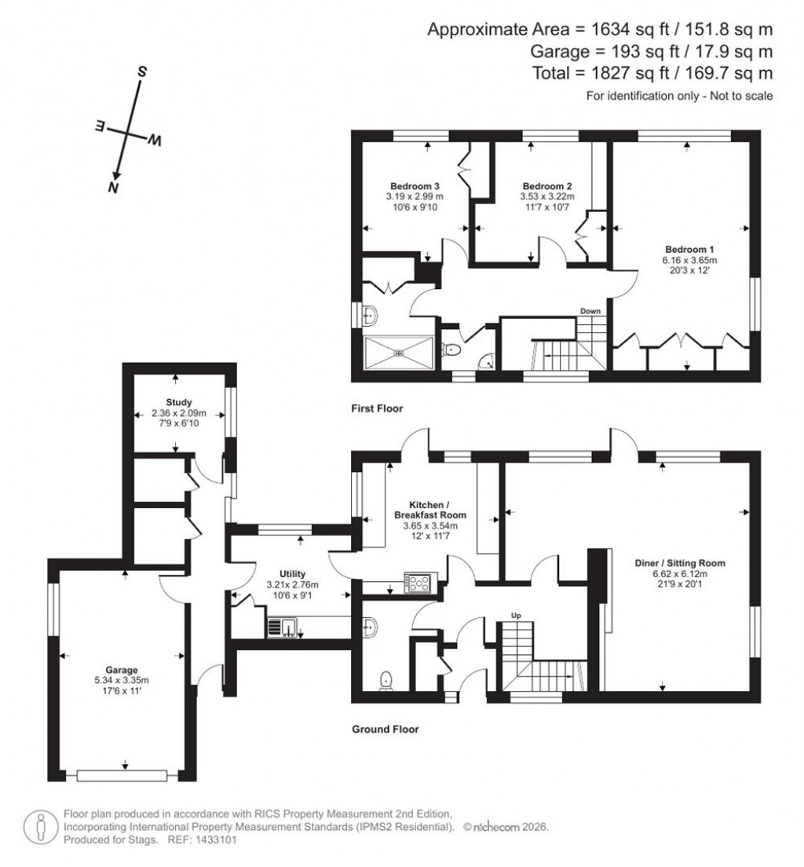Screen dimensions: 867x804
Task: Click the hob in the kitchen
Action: tap(417, 583)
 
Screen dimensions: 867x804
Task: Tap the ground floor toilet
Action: tap(386, 679)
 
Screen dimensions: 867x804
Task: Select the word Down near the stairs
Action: tap(590, 311)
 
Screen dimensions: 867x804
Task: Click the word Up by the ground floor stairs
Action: tap(516, 615)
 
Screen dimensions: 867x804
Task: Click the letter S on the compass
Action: tap(143, 71)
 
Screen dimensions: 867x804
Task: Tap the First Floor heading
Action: tap(378, 408)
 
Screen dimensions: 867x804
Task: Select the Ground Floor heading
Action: tap(385, 729)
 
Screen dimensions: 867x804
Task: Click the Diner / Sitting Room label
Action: tap(680, 563)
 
